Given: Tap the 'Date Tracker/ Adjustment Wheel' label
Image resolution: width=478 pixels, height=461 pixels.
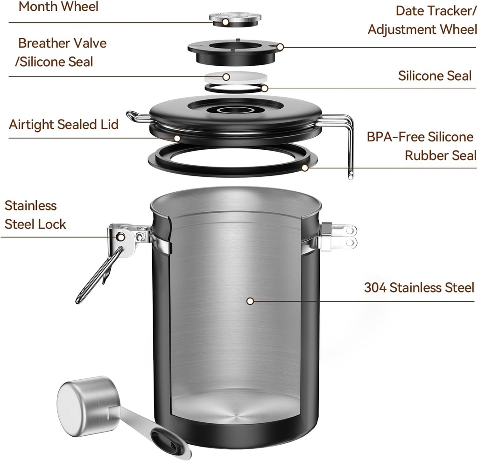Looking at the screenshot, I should (x=422, y=20).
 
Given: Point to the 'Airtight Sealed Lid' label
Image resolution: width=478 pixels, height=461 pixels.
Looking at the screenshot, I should (x=63, y=125).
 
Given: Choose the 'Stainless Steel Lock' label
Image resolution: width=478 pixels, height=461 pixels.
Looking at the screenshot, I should (x=35, y=215).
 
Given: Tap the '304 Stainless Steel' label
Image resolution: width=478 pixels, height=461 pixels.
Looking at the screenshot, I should (x=419, y=287).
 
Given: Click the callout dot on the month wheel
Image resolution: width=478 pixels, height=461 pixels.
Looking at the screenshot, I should (x=225, y=21).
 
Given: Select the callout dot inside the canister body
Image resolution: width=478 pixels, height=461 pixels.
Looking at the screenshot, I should (x=250, y=301).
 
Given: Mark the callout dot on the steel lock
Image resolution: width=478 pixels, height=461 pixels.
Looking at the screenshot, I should (x=120, y=237).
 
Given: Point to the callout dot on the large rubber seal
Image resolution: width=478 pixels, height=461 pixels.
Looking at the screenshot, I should (x=305, y=168).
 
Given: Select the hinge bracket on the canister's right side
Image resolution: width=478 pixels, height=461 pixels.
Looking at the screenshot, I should (x=337, y=237).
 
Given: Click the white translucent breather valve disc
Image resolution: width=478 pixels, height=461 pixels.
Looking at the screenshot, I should (x=236, y=77).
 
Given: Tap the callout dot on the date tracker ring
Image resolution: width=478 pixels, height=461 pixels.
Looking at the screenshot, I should (x=280, y=47).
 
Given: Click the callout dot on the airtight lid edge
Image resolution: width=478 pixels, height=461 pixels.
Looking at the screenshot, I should (x=177, y=138).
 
